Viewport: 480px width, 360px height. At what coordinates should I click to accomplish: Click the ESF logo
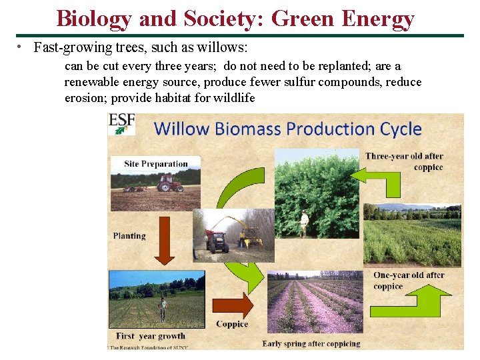coord(121,125)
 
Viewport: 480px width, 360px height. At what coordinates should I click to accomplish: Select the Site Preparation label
coord(156,164)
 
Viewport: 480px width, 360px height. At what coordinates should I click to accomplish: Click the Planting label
coord(129,236)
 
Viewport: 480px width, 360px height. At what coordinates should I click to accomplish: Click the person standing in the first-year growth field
coord(162,308)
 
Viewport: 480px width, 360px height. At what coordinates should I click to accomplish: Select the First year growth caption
coord(151,336)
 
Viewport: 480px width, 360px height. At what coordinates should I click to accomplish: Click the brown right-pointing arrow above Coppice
coord(233,305)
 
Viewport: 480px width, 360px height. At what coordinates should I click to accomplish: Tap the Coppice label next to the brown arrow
coord(232,325)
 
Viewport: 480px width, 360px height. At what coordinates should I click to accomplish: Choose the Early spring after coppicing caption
coord(311,344)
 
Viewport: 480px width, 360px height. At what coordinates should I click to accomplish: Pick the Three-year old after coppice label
coord(404,162)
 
